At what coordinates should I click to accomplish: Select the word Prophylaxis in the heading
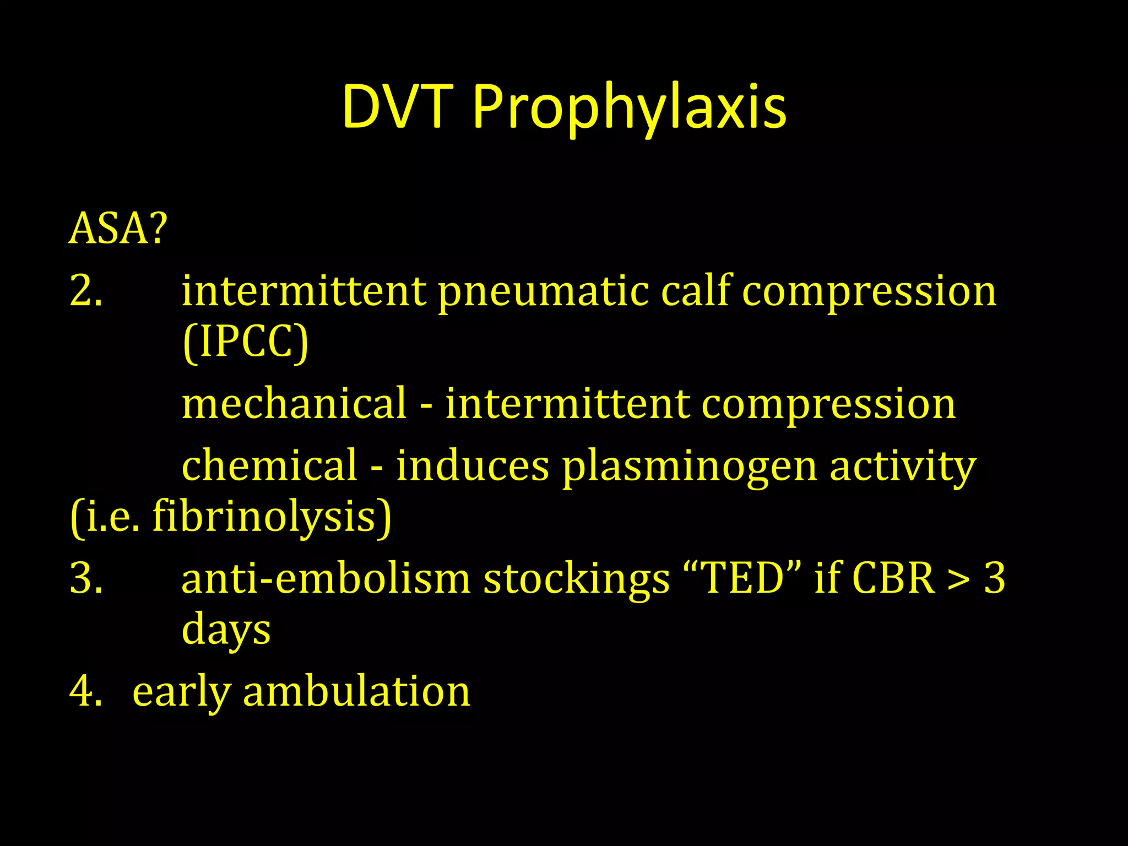[630, 109]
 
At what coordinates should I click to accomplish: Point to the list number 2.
[86, 290]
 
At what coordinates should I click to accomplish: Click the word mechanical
[294, 403]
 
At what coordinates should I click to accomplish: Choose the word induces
[473, 465]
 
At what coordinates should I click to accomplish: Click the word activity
[903, 467]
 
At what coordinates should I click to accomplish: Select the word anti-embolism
[326, 579]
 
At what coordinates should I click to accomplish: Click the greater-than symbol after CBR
[959, 580]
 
